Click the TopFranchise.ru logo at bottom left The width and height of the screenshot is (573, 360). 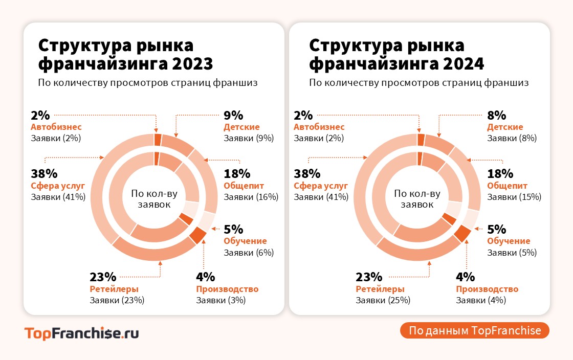[81, 333]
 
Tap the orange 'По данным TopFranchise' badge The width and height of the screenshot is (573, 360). [475, 330]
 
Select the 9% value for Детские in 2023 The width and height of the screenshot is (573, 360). [233, 115]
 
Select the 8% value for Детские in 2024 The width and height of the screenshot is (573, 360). [496, 115]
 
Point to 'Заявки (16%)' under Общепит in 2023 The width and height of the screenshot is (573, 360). [251, 197]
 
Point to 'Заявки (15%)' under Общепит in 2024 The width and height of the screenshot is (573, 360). [514, 197]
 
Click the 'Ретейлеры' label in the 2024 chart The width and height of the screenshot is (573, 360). [380, 289]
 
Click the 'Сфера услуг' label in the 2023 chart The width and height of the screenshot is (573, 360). [58, 186]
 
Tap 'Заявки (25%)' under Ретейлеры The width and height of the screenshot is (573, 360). [383, 300]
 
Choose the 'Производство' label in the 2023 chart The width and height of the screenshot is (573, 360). [227, 289]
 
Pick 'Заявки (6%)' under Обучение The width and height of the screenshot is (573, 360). [249, 252]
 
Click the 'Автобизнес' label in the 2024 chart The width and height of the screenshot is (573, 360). [319, 127]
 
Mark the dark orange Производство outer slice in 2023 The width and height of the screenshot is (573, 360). [197, 235]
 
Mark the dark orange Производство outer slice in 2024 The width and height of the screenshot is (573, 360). [462, 233]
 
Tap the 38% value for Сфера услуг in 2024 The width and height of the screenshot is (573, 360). [307, 174]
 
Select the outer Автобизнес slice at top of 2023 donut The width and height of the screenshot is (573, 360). [158, 140]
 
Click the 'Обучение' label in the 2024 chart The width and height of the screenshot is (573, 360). [509, 241]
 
